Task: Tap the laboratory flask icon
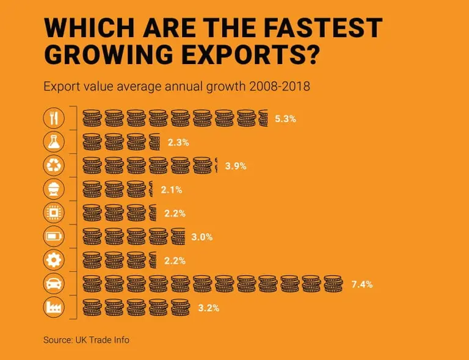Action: pos(53,142)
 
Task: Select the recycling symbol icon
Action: pos(53,165)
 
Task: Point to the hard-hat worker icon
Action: pos(53,189)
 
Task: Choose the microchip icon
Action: pos(53,213)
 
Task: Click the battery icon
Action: pos(53,237)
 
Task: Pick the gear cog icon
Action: pos(53,261)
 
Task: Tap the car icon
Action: pos(53,284)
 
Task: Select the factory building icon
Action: pos(53,308)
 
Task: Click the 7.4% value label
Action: pos(362,284)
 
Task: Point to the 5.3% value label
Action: pos(285,119)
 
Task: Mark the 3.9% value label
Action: pos(236,166)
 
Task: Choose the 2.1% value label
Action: pos(172,190)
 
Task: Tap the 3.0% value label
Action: pos(202,237)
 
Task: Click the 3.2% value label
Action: pos(208,308)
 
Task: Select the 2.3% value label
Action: pos(178,143)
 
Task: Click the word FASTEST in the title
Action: pos(318,29)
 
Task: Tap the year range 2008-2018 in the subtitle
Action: pos(280,87)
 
